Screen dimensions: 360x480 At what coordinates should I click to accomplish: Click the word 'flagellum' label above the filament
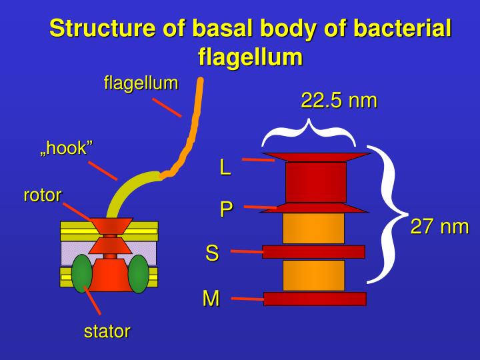(141, 83)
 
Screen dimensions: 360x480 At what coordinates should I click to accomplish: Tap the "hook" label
(65, 148)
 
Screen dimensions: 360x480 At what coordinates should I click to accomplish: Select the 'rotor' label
(43, 195)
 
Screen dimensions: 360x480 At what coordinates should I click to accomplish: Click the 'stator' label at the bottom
(107, 331)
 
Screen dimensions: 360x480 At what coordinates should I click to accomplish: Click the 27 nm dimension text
(439, 227)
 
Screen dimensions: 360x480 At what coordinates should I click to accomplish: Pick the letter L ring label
(225, 167)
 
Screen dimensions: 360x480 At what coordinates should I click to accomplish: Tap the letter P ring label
(227, 209)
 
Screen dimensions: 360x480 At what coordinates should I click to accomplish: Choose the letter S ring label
(212, 253)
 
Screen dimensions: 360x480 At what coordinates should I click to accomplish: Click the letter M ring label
(211, 299)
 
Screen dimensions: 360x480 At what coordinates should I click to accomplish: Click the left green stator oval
(81, 273)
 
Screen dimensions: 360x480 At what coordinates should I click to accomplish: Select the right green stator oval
(139, 273)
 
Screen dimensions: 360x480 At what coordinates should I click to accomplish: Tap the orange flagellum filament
(194, 123)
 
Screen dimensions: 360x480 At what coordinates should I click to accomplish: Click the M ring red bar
(315, 299)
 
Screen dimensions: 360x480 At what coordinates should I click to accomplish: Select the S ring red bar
(313, 251)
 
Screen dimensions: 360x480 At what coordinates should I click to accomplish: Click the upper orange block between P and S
(313, 228)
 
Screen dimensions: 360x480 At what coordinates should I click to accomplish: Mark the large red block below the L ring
(315, 181)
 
